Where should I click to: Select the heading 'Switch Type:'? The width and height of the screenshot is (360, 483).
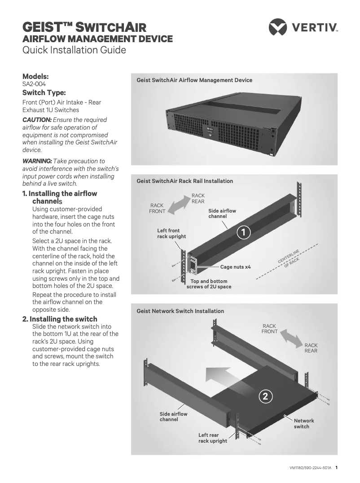coord(44,93)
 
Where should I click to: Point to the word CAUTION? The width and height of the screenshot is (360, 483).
coord(37,119)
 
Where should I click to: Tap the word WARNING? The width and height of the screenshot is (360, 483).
coord(37,161)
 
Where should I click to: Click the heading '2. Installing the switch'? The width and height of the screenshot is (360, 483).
coord(60,319)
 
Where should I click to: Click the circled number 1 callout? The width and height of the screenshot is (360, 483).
coord(243,232)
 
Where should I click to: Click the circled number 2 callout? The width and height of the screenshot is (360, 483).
coord(265,396)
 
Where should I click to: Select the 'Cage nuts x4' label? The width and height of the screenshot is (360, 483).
coord(235,267)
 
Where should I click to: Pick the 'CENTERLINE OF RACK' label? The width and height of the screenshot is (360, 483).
coord(290,257)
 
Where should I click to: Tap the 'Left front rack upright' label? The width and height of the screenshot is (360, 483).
coord(171,234)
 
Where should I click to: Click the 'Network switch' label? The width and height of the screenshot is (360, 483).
coord(304,423)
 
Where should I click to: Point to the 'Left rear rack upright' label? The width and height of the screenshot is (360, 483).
coord(213,438)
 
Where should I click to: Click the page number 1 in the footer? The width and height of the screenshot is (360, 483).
coord(336,467)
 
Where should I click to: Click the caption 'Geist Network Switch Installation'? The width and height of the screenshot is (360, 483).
coord(180,311)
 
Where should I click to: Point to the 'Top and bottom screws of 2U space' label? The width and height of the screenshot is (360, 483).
coord(209,284)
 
